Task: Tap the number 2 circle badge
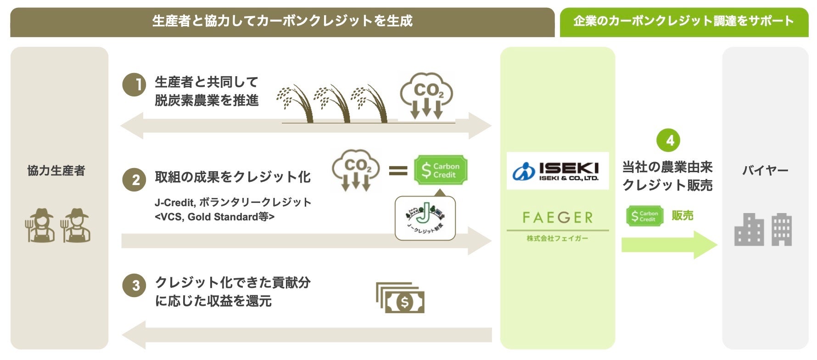click(x=134, y=180)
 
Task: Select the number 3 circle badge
click(x=134, y=285)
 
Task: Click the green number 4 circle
click(x=668, y=140)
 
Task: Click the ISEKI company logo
click(x=557, y=171)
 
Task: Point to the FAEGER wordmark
click(x=557, y=217)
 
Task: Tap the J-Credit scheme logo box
click(x=425, y=218)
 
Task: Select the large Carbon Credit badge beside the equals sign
click(x=440, y=170)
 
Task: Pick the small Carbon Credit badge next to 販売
click(x=644, y=216)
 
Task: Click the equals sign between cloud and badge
click(x=398, y=171)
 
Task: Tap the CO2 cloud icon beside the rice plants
click(x=426, y=96)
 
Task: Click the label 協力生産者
click(x=56, y=171)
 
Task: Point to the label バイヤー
click(x=765, y=171)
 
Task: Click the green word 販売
click(x=683, y=215)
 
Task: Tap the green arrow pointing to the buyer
click(x=668, y=245)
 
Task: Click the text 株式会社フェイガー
click(x=557, y=238)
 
